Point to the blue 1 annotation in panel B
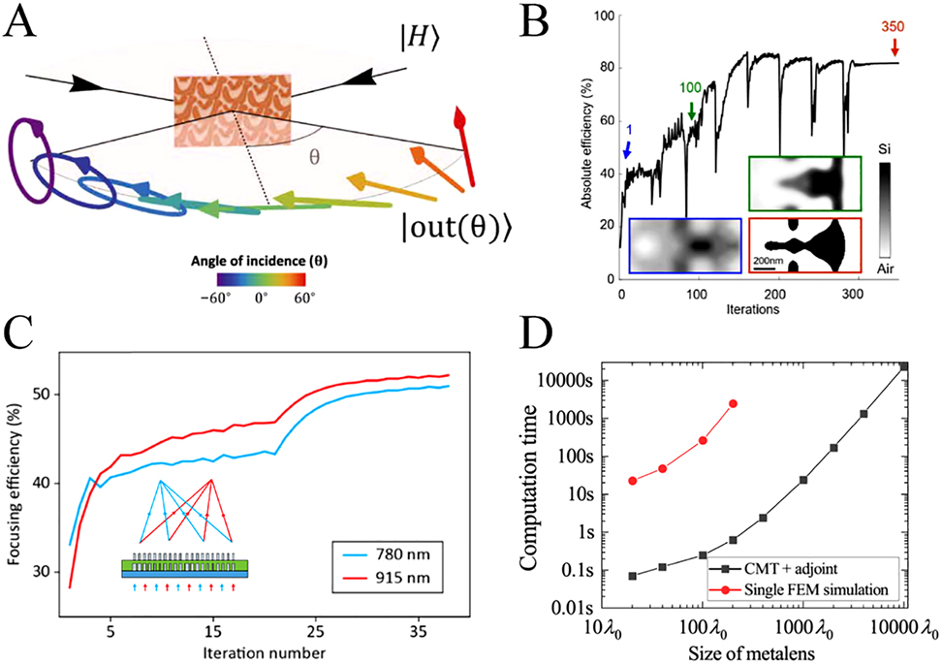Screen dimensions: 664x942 (631, 129)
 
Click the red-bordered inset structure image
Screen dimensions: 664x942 (804, 246)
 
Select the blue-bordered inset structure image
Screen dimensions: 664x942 (685, 246)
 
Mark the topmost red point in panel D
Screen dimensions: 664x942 (733, 403)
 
